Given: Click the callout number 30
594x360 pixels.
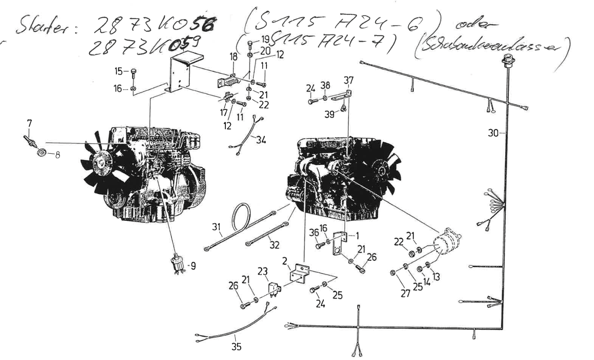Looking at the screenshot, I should (493, 133).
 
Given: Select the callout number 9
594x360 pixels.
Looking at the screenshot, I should (193, 266).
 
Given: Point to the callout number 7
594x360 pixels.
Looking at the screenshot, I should (29, 123).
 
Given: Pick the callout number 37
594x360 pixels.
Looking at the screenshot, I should (349, 81).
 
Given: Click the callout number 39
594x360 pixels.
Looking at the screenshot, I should (329, 114).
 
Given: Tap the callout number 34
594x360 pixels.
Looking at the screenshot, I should (260, 140).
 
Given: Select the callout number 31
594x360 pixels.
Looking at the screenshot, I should (216, 227).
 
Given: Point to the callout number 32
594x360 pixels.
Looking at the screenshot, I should (274, 245).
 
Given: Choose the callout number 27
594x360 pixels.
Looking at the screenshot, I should (405, 293).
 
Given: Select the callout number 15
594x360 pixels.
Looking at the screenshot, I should (119, 71).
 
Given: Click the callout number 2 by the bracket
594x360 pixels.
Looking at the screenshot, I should (284, 261).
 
